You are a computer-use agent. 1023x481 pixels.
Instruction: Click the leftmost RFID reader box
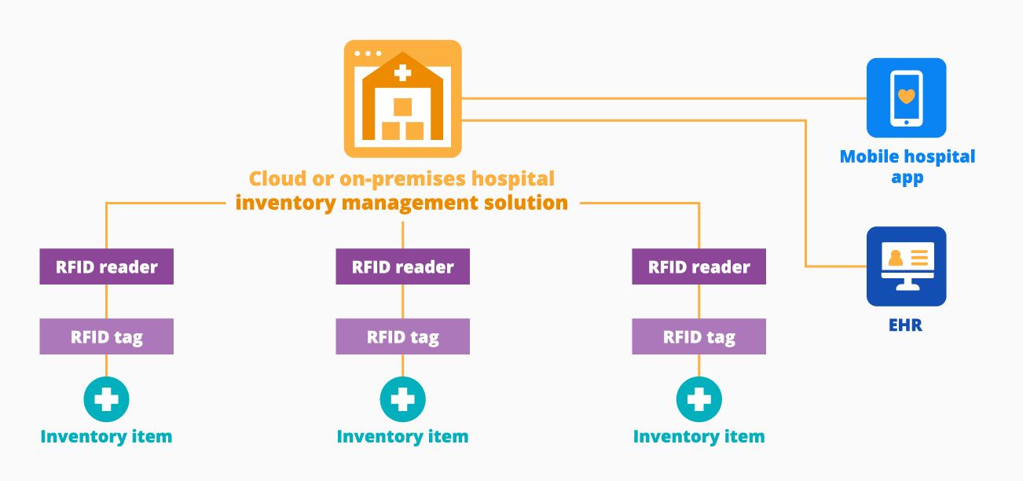click(x=106, y=267)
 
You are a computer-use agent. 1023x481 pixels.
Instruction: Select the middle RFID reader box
click(x=402, y=267)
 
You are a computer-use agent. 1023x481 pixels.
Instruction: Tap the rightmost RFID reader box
click(x=698, y=267)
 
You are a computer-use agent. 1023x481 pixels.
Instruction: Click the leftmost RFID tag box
click(x=106, y=337)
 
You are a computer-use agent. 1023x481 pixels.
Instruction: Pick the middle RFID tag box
click(x=402, y=337)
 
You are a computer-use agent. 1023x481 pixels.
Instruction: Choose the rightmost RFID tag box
click(x=698, y=337)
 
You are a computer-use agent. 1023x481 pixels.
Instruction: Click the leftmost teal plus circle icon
click(x=106, y=399)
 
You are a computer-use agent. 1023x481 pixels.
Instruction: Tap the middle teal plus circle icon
click(x=402, y=399)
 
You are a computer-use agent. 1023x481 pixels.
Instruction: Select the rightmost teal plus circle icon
click(x=698, y=399)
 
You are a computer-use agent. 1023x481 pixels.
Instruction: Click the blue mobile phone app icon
click(x=906, y=98)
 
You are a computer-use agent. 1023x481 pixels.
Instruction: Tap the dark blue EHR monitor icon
click(x=906, y=266)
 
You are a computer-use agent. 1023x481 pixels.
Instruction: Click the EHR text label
click(x=906, y=324)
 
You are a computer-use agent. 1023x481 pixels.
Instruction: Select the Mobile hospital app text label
click(x=907, y=167)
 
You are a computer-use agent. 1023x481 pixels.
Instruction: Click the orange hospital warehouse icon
click(x=402, y=99)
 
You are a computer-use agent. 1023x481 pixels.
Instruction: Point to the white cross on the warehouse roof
click(x=402, y=73)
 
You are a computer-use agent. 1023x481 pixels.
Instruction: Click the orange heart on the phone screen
click(x=906, y=96)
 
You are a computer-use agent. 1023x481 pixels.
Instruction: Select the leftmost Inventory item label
click(x=106, y=436)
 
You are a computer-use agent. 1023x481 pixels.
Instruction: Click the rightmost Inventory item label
click(x=698, y=436)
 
